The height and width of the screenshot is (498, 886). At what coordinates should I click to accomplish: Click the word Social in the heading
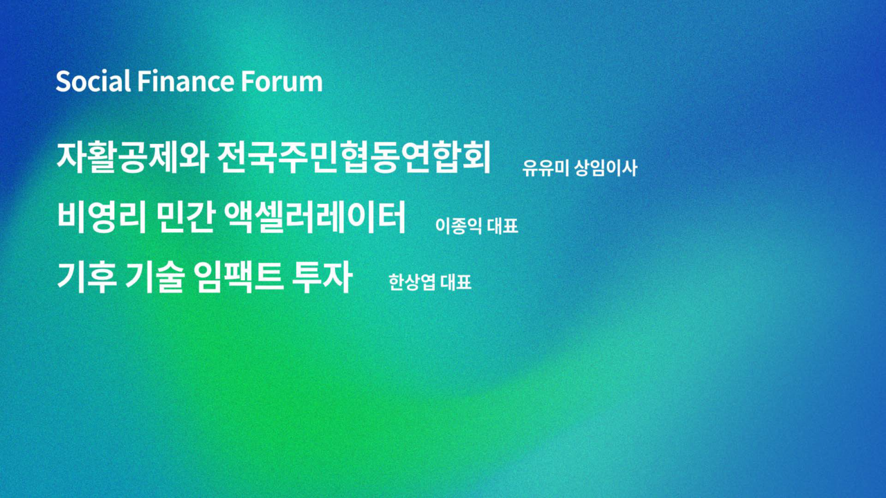tap(93, 81)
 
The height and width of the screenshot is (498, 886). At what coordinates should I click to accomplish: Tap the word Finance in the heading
tap(186, 81)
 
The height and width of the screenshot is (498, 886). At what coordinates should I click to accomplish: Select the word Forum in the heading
tap(282, 82)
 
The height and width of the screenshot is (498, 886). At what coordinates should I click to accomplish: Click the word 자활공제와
tap(132, 157)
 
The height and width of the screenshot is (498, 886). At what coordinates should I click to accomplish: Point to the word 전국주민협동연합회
tap(354, 157)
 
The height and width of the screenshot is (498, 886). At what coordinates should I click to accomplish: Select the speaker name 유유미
tap(546, 168)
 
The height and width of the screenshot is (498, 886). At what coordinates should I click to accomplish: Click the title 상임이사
tap(606, 168)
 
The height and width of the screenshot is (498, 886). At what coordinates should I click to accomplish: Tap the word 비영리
tap(102, 217)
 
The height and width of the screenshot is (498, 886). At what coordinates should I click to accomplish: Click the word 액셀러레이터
tap(315, 217)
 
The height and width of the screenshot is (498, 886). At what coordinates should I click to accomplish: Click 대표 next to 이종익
tap(503, 226)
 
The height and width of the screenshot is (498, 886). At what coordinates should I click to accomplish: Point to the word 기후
tap(87, 277)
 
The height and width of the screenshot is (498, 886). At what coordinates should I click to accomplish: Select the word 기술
tap(155, 277)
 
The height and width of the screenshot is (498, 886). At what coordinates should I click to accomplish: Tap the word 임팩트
tap(239, 277)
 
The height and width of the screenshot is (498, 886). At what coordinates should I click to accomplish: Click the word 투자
tap(322, 277)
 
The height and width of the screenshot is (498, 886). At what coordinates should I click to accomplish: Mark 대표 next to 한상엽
tap(456, 282)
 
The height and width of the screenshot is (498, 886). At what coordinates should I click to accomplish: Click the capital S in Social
tap(63, 82)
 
